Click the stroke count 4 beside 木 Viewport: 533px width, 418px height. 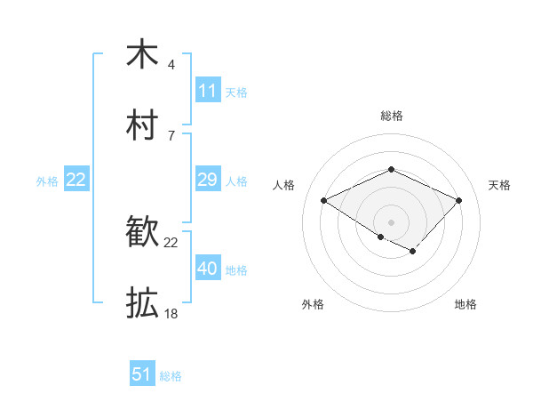coord(171,65)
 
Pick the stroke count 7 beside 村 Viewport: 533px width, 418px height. coord(171,135)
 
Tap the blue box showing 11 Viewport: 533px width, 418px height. coord(207,91)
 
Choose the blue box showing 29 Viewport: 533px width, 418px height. coord(207,180)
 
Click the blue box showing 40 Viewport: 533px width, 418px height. coord(207,269)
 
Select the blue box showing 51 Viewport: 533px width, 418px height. coord(142,374)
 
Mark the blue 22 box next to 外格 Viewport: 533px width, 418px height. coord(76,180)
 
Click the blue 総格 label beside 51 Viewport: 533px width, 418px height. coord(171,376)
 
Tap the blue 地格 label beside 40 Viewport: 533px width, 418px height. coord(236,269)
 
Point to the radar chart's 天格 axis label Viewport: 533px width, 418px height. coord(499,185)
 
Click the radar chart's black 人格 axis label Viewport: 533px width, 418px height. coord(283,185)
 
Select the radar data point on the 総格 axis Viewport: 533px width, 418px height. coord(391,169)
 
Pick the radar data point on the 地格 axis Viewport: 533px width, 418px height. coord(412,251)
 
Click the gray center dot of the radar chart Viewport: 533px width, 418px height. coord(391,221)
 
